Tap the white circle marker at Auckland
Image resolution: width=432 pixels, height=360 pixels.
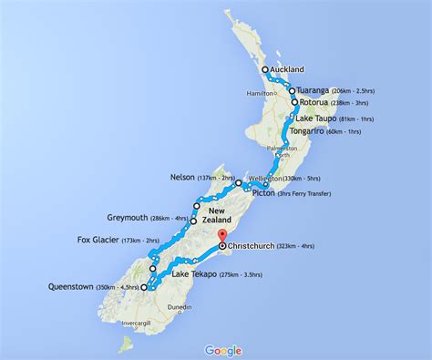click(265, 69)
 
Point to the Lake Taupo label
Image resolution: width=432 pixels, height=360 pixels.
click(324, 118)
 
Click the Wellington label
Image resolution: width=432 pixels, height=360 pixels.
click(262, 179)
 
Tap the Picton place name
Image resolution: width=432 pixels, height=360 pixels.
click(268, 193)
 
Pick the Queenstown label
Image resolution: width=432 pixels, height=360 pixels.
click(82, 288)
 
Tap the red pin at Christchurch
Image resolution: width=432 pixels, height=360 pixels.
click(223, 239)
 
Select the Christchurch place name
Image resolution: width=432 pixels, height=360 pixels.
click(261, 247)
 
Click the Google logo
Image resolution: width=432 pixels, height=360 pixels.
click(223, 350)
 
